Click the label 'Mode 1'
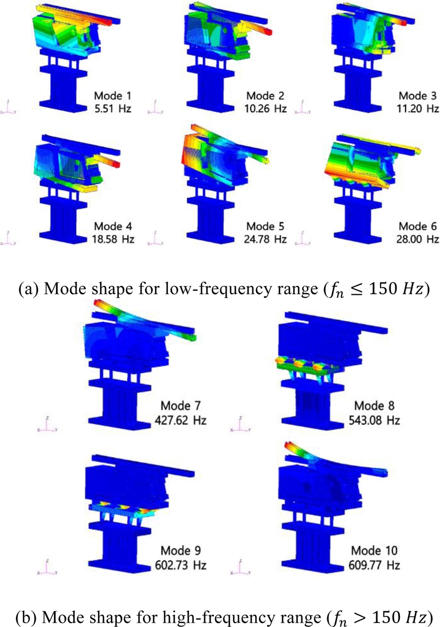tap(112, 96)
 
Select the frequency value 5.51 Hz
tap(113, 109)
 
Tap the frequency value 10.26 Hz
tap(266, 109)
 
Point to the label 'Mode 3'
tap(418, 96)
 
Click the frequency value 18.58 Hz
tap(113, 239)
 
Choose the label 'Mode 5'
tap(265, 226)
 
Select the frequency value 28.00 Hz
tap(417, 239)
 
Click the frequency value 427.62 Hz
tap(180, 420)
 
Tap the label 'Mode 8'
tap(374, 406)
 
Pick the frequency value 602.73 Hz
tap(180, 565)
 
